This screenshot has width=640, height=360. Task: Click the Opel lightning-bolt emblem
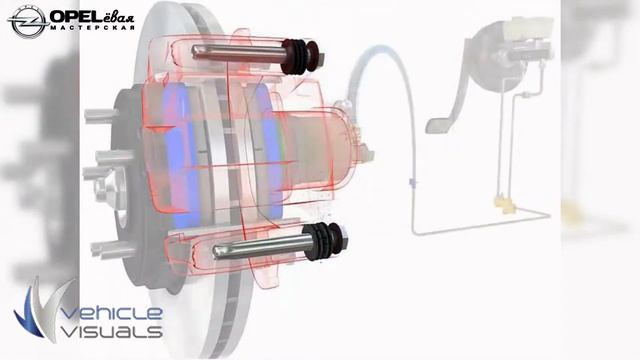pos(28,22)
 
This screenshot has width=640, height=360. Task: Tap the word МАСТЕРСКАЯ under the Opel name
pos(93,28)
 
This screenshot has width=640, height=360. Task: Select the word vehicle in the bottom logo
pos(113,313)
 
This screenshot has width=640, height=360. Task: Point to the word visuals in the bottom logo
pos(112,331)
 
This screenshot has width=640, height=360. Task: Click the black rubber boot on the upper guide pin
pos(301,56)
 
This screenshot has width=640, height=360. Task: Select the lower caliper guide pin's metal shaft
pos(258,247)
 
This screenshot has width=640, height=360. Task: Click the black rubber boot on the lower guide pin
pos(325,241)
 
